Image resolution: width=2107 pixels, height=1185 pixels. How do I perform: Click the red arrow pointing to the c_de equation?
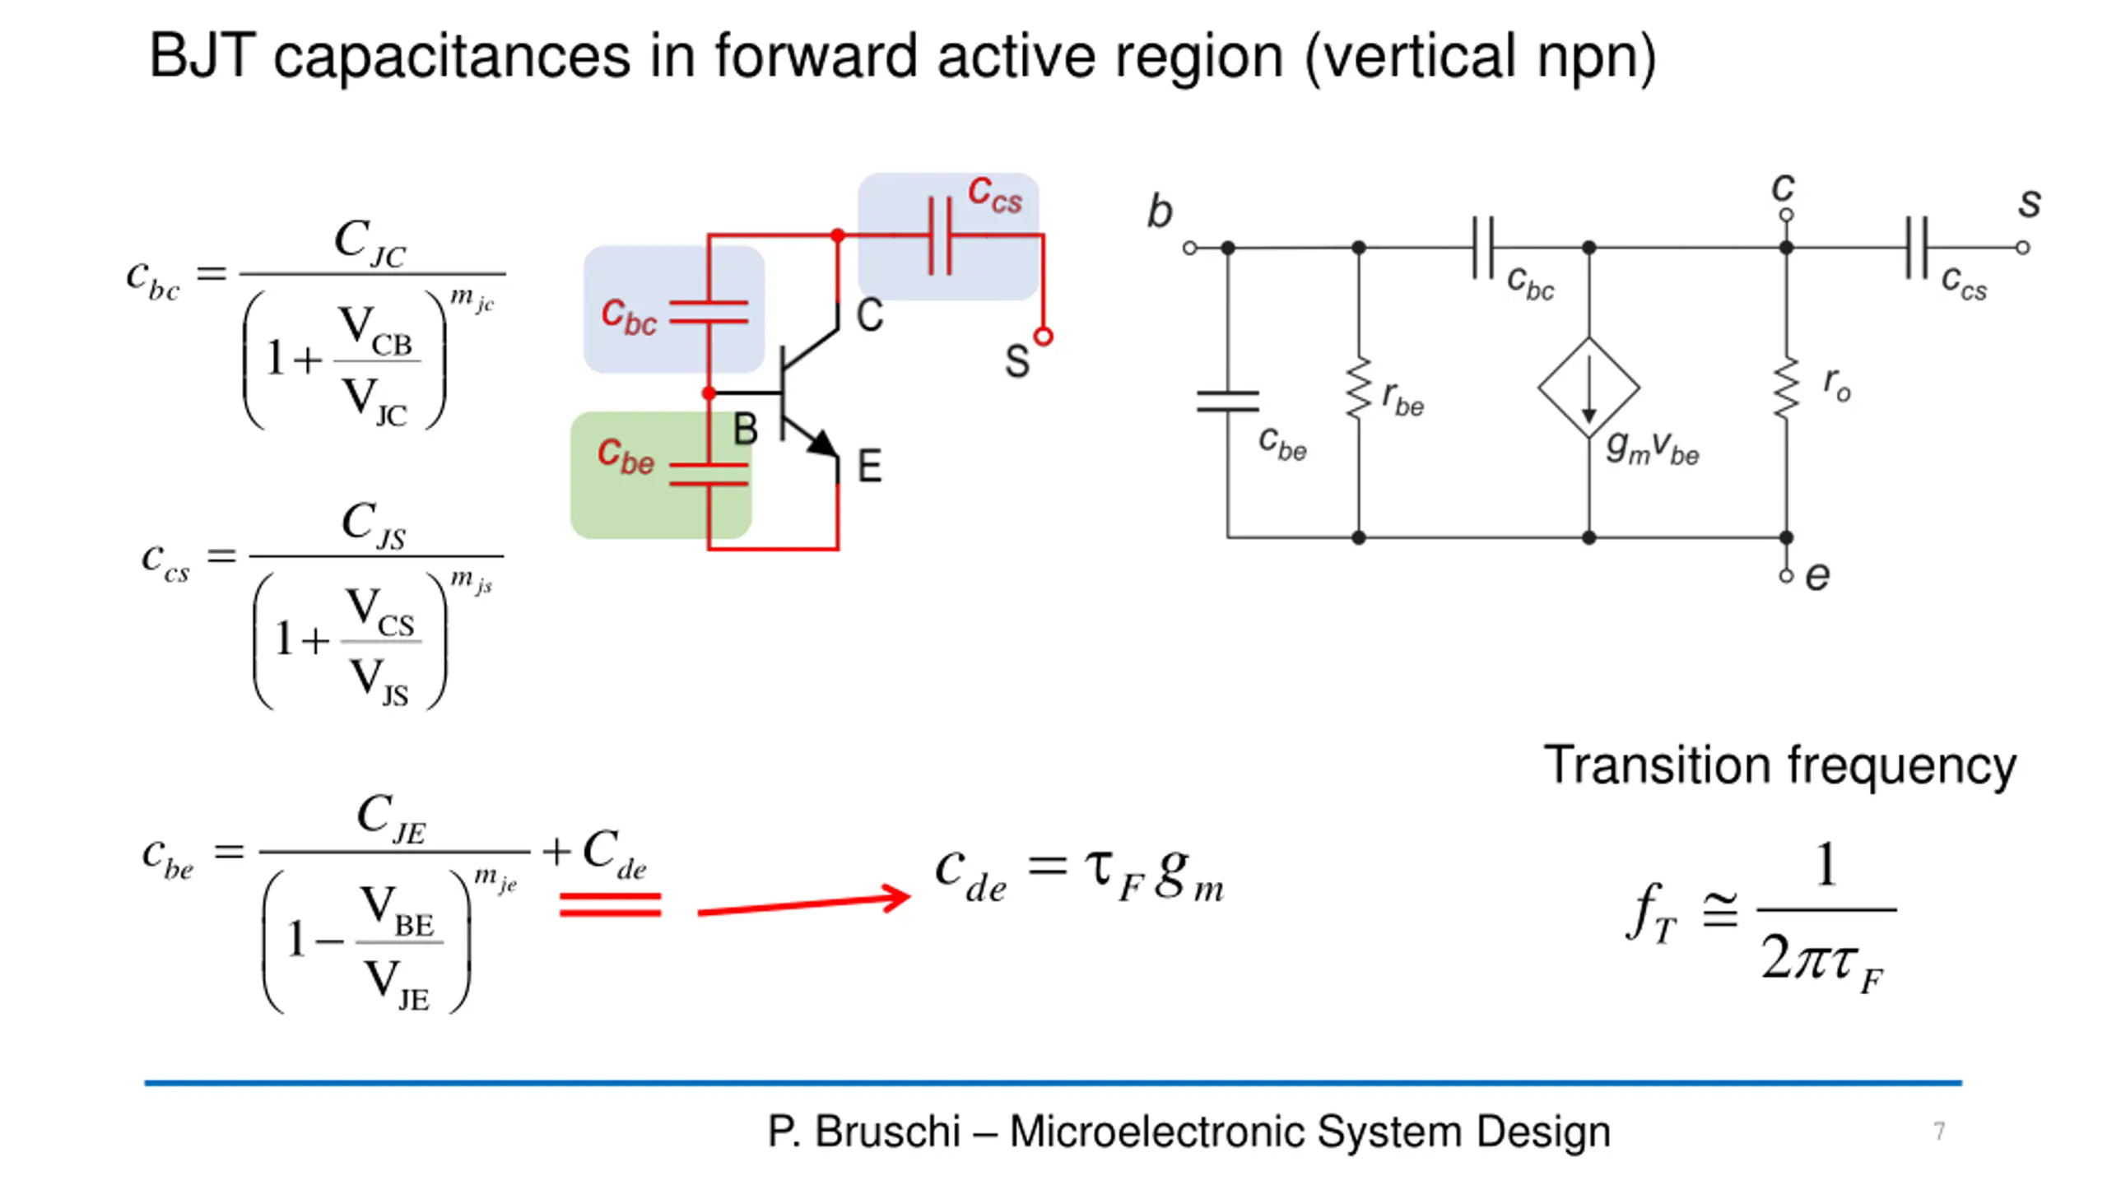point(803,904)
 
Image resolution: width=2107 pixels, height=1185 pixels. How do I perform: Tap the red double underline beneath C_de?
point(610,905)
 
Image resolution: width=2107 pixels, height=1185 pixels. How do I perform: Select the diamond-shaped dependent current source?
point(1588,387)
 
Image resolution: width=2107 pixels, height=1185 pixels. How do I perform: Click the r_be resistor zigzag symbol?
point(1359,388)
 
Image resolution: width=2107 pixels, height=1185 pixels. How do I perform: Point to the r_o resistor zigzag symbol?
point(1786,388)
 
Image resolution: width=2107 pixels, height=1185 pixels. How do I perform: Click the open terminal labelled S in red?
point(1043,337)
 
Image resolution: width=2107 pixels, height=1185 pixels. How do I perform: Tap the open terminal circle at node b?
point(1189,248)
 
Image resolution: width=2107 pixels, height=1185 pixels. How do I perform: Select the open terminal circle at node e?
point(1786,575)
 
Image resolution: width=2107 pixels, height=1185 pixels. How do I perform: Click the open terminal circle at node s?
point(2022,248)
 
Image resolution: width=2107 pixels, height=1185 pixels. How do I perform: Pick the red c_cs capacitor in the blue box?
point(940,235)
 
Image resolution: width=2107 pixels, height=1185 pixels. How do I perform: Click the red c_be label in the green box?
point(626,456)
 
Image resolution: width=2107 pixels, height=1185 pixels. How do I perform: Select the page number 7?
point(1939,1131)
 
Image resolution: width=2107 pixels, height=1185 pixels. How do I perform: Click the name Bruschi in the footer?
point(888,1131)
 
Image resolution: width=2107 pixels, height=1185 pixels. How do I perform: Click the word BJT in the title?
point(202,56)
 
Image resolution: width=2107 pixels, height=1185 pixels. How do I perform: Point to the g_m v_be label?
point(1653,448)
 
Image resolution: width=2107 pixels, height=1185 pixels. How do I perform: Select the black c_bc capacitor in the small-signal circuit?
point(1482,248)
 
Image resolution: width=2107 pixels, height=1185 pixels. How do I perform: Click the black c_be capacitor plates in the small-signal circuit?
point(1228,401)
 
